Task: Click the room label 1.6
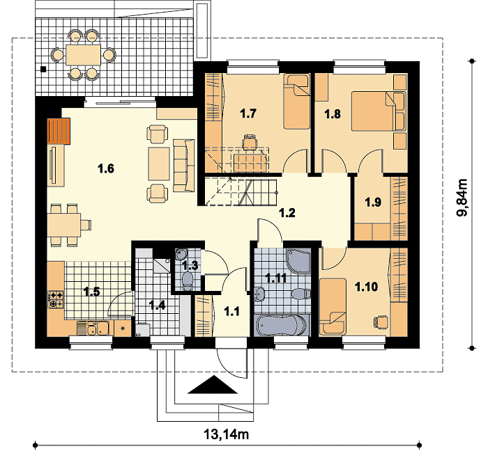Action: click(x=106, y=168)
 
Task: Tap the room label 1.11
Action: click(x=276, y=278)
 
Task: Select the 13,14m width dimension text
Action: click(x=227, y=434)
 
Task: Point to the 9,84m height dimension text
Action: click(x=462, y=197)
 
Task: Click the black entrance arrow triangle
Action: click(x=213, y=384)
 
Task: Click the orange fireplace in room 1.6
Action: click(x=59, y=131)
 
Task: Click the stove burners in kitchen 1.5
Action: click(x=55, y=299)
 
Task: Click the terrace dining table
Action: click(x=83, y=55)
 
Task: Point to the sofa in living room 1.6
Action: click(x=183, y=165)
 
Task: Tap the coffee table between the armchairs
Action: click(x=159, y=164)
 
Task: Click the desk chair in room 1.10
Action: click(x=381, y=322)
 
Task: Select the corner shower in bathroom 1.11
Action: click(x=298, y=260)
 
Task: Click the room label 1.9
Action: click(x=373, y=203)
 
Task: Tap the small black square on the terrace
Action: click(x=43, y=69)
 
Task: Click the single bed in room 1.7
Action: click(x=296, y=102)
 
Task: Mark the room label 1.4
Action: click(x=157, y=306)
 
